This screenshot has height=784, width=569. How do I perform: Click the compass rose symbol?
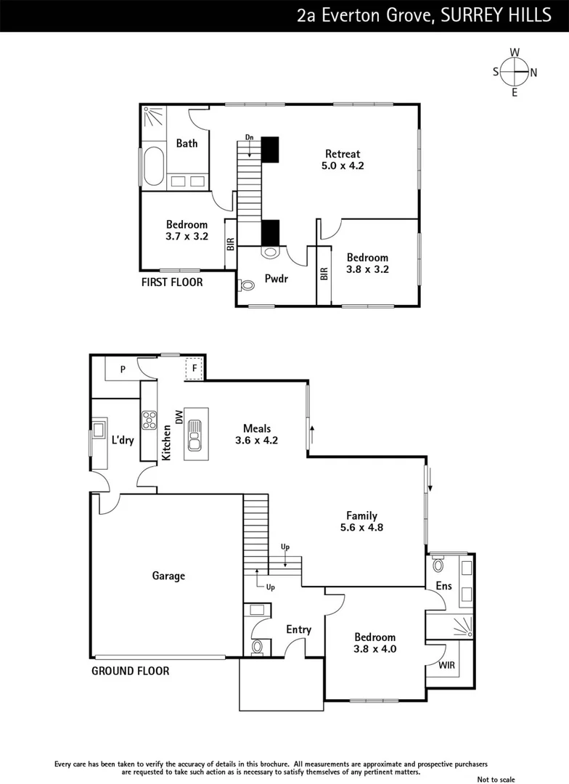coord(515,72)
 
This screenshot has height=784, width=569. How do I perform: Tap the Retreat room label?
coord(343,154)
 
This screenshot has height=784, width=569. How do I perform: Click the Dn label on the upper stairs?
coord(249,137)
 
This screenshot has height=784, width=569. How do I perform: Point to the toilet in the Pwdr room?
coord(247,286)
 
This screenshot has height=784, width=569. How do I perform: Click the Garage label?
coord(168,576)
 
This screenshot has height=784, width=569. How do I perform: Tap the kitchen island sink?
coord(195,436)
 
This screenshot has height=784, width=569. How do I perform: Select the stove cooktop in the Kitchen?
coord(150,420)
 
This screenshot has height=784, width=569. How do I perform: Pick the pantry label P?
coord(123,369)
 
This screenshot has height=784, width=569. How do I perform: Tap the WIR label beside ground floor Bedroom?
coord(446,664)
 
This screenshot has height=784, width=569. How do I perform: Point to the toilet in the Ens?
coord(438,564)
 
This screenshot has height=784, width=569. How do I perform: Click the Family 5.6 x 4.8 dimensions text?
coord(361,528)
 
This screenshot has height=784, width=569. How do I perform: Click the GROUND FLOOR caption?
coord(130,671)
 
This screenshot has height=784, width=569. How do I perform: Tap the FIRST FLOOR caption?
coord(172,282)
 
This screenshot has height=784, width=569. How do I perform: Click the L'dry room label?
coord(122,439)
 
